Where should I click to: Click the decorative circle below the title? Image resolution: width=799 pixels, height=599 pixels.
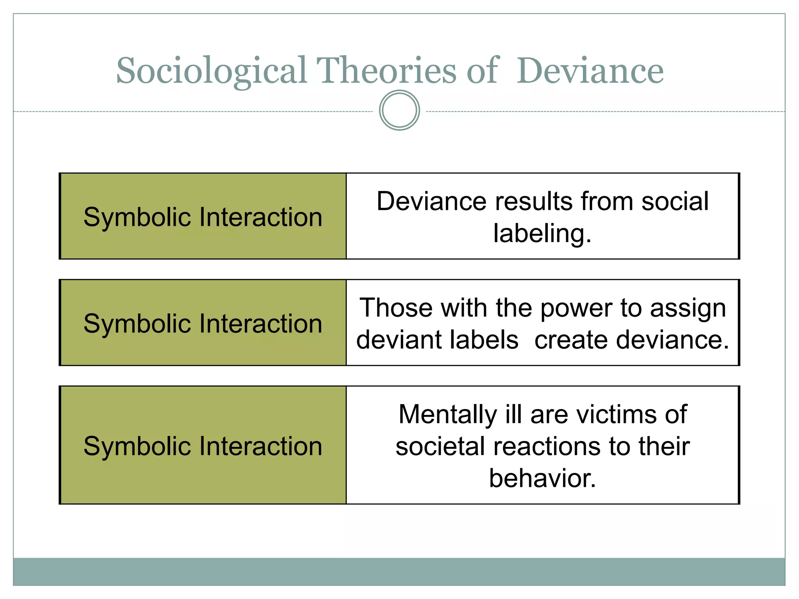pyautogui.click(x=399, y=110)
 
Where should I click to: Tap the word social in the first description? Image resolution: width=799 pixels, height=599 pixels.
pyautogui.click(x=675, y=202)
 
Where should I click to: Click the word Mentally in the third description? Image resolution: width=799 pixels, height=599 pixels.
pyautogui.click(x=447, y=415)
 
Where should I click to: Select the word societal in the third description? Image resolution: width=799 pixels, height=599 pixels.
pyautogui.click(x=440, y=447)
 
